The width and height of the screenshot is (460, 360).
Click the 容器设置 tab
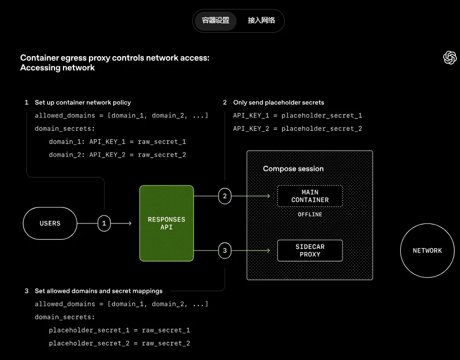215,21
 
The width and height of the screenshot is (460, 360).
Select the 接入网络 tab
261,21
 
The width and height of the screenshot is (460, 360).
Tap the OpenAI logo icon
449,58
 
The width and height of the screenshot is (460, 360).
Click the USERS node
50,223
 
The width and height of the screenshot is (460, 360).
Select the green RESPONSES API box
166,223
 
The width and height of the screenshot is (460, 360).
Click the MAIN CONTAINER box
310,196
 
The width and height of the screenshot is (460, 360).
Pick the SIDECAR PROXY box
310,250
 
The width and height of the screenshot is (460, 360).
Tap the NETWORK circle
427,250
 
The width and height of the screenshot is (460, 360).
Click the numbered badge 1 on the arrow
104,223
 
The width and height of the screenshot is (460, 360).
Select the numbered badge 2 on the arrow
224,196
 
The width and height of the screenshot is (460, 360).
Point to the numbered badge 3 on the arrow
224,250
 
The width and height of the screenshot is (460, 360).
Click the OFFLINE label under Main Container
310,214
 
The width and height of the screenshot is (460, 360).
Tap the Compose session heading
293,168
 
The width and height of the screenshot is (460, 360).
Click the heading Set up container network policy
83,102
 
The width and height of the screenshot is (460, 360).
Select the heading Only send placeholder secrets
278,102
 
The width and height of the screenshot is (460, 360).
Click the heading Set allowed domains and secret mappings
98,291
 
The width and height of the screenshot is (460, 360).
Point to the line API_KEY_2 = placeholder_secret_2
297,129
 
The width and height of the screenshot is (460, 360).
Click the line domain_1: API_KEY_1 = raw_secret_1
118,142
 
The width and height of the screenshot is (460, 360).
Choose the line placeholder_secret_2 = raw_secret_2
119,344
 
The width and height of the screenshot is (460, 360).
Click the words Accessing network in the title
57,68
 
